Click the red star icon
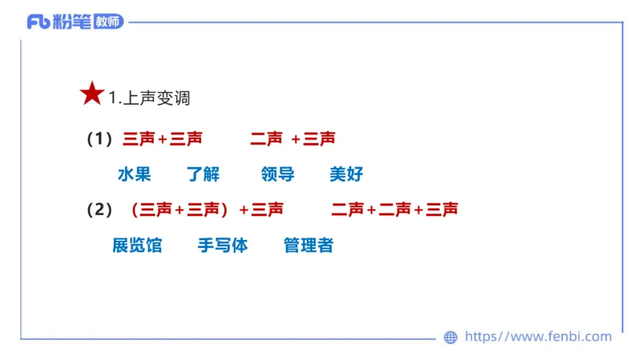[x=92, y=94]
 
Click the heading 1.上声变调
[x=150, y=98]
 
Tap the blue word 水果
[x=134, y=174]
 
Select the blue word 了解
[x=203, y=174]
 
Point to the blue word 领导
[x=277, y=174]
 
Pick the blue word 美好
[x=346, y=174]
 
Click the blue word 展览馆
[x=137, y=246]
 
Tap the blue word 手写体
[x=223, y=246]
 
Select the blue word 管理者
[x=308, y=246]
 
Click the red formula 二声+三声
[x=292, y=139]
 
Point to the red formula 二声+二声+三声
[x=394, y=210]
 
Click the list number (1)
[x=99, y=139]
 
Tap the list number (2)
[x=99, y=210]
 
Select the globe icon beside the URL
[x=450, y=338]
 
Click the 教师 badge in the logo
[x=108, y=22]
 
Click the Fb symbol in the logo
[x=38, y=22]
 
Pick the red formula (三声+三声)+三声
[x=207, y=210]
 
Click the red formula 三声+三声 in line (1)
[x=163, y=139]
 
